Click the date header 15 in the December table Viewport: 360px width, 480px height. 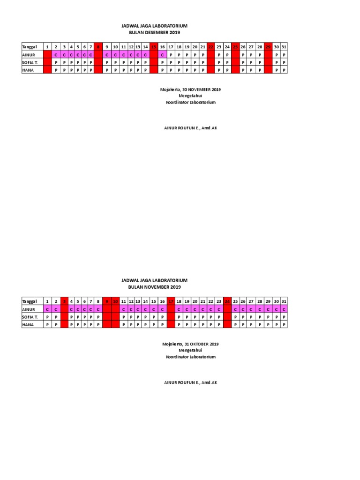[x=153, y=47]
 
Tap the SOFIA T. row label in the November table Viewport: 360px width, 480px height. [x=30, y=317]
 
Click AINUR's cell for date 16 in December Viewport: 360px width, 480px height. [x=162, y=55]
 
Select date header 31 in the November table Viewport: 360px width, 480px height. [x=284, y=301]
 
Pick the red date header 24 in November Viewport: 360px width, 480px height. [x=227, y=301]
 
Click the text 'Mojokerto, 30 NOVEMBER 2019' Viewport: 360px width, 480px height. [x=190, y=89]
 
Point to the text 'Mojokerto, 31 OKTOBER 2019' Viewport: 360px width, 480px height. [x=190, y=344]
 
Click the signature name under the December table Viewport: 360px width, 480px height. [x=190, y=128]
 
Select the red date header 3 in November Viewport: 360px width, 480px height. [x=65, y=301]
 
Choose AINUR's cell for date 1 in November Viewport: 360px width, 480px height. [x=47, y=309]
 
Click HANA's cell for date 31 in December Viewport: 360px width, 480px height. [x=284, y=70]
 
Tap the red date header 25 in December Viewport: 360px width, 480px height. [x=235, y=47]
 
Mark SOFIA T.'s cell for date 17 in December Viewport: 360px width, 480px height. [x=171, y=62]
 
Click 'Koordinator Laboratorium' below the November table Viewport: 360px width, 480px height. [x=190, y=357]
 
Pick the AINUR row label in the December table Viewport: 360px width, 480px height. [x=29, y=55]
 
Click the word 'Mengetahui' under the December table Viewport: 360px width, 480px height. [x=190, y=96]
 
